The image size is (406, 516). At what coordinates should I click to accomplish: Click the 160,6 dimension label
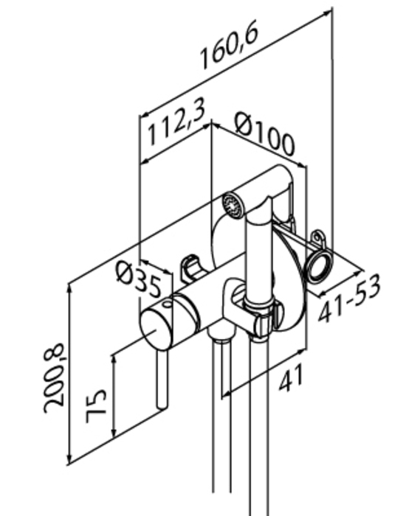pos(229,43)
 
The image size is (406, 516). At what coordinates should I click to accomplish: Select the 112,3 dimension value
pos(177,121)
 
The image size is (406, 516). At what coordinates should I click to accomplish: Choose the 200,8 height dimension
pos(55,377)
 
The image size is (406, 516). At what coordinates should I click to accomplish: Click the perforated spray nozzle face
pos(233,205)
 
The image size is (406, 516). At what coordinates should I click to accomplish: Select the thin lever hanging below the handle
pos(162,380)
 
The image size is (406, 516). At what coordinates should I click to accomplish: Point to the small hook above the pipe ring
pos(318,240)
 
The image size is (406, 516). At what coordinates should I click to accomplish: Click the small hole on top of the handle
pos(168,304)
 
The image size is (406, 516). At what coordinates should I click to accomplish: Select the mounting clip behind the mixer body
pos(190,268)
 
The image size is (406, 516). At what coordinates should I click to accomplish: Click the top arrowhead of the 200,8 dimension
pos(69,288)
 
